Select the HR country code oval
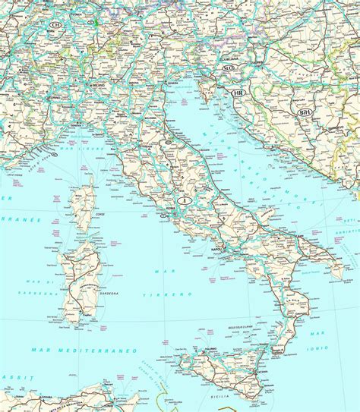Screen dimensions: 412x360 [x=238, y=93]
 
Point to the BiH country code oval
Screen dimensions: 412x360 [x=305, y=112]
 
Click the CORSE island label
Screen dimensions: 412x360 [x=86, y=214]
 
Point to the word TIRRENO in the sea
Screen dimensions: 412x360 [x=181, y=293]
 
